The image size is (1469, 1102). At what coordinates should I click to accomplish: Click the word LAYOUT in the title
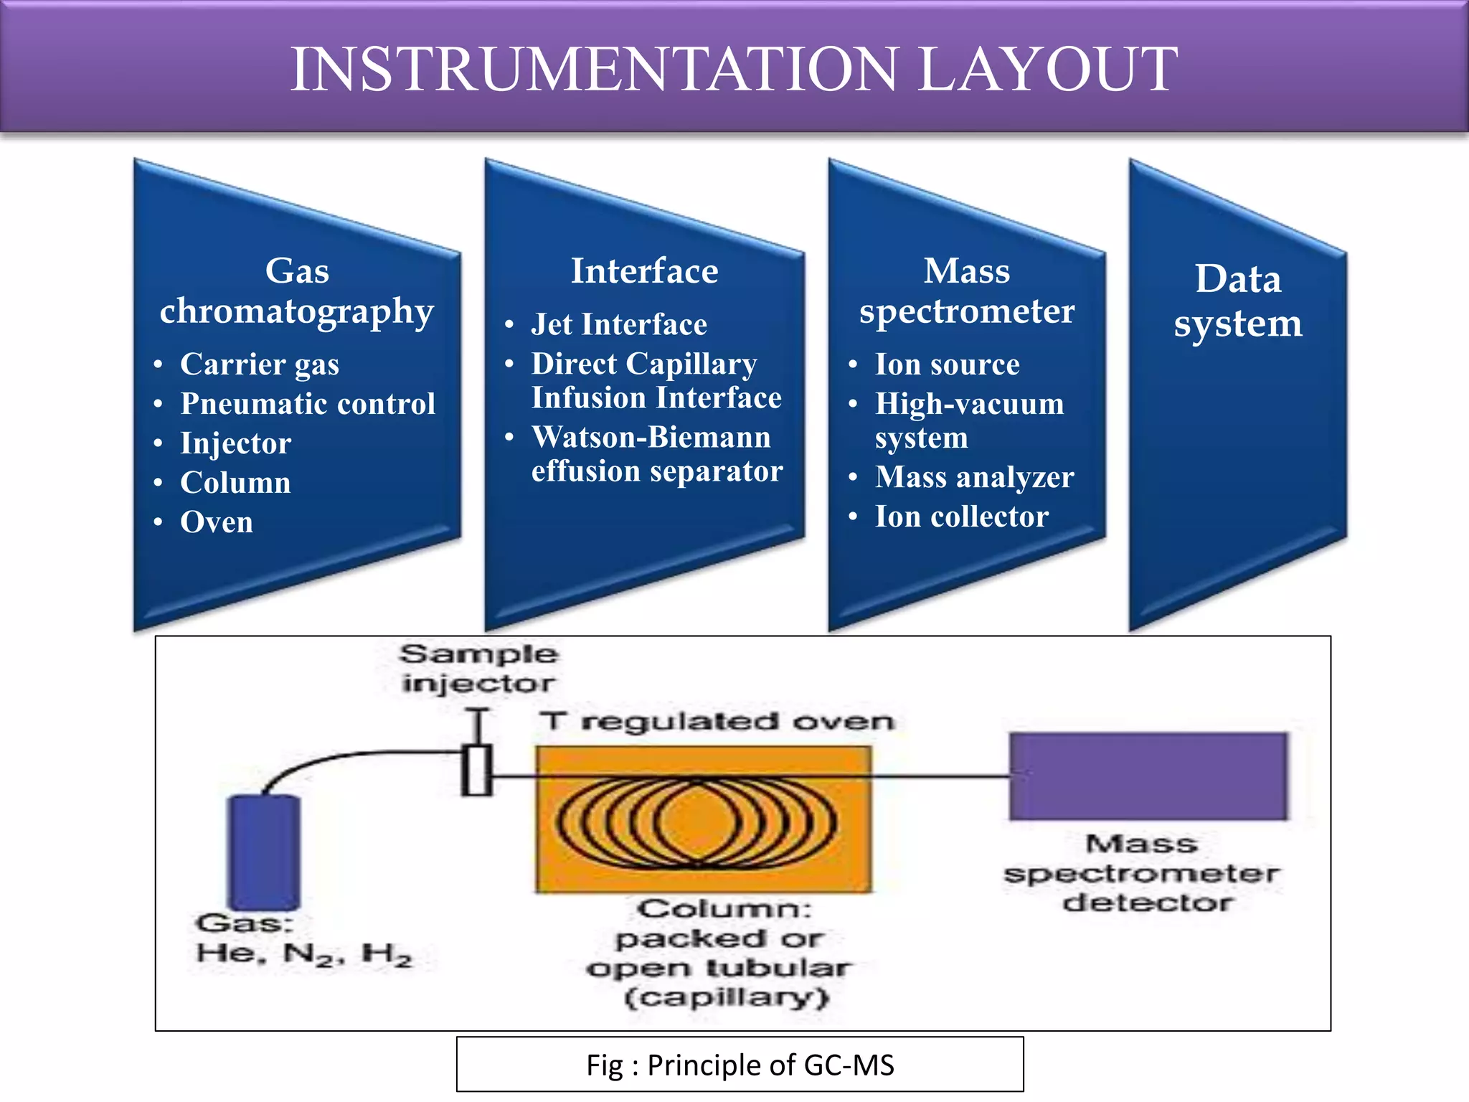1047,70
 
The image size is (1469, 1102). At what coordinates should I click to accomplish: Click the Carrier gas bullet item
259,364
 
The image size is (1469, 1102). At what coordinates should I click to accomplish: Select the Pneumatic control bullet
308,404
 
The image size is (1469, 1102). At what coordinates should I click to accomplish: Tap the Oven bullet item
217,522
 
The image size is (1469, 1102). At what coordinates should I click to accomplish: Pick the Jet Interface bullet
618,325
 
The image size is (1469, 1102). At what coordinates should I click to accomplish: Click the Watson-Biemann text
651,438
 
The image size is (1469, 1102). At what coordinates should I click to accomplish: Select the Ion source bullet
947,364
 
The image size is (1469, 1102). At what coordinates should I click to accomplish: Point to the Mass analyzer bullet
974,477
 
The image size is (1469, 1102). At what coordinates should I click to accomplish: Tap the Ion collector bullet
961,517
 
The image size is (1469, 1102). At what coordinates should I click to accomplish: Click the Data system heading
1237,301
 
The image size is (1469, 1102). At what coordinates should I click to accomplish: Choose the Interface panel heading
644,271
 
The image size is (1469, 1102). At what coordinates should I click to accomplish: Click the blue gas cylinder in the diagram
263,852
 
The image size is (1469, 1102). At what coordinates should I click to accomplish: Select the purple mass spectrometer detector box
1148,776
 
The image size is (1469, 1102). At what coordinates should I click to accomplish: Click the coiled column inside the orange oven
696,821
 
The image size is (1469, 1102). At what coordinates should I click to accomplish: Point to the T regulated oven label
717,721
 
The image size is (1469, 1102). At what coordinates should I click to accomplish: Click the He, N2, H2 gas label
304,954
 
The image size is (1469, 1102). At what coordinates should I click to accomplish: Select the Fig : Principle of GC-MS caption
740,1065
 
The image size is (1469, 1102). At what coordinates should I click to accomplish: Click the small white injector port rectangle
476,770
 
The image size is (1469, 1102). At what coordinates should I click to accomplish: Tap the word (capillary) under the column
727,998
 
